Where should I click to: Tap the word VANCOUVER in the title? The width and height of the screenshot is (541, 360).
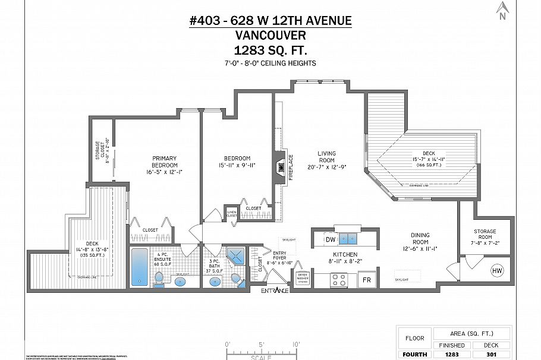coord(270,36)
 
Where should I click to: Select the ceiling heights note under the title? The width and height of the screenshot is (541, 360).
coord(270,63)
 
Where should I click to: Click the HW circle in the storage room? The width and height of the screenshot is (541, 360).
coord(497,271)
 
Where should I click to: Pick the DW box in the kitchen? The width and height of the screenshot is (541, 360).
coord(330,239)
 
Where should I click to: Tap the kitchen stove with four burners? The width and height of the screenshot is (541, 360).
coord(339,279)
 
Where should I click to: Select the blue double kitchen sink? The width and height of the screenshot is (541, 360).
coord(347,239)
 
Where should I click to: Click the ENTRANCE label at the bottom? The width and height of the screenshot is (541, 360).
coord(274,290)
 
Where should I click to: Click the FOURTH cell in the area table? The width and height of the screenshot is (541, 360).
coord(414,355)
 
